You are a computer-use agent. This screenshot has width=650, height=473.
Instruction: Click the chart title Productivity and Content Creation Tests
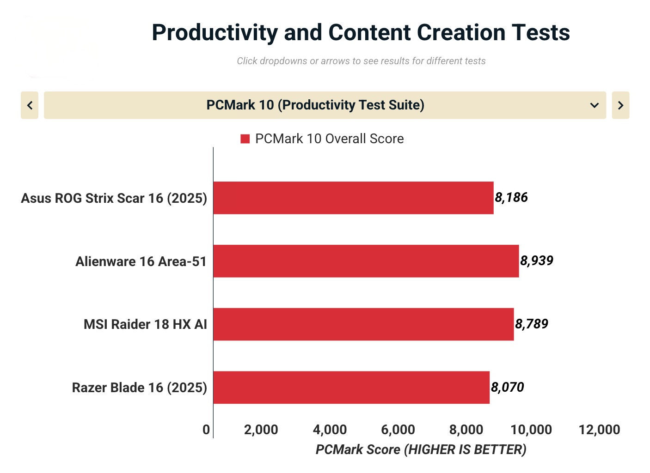point(361,33)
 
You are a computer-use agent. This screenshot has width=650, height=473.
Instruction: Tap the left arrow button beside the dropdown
point(30,105)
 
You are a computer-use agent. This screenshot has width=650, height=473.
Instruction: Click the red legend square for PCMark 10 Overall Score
point(245,139)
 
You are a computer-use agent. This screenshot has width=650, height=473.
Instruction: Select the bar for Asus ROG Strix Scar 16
point(353,198)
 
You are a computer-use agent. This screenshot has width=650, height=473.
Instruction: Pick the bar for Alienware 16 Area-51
point(366,261)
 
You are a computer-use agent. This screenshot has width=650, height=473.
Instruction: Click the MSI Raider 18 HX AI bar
point(363,324)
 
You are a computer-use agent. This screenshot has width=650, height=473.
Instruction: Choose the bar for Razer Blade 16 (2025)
point(351,388)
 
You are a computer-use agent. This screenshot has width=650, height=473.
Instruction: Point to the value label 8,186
point(511,198)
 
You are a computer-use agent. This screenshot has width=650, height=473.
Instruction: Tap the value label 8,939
point(537,261)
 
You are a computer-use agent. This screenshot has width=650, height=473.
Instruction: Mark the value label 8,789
point(532,324)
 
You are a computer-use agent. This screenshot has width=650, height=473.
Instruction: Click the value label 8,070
point(508,388)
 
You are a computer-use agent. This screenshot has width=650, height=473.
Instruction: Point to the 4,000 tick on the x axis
point(330,430)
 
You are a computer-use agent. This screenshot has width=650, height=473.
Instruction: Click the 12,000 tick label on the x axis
point(599,430)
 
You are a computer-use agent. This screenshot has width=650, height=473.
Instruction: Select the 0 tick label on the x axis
point(206,430)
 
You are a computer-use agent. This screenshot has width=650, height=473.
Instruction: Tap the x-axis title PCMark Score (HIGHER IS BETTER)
point(421,449)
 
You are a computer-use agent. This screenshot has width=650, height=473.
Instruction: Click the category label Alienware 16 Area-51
point(141,261)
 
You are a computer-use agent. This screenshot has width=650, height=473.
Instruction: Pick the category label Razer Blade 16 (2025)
point(139,388)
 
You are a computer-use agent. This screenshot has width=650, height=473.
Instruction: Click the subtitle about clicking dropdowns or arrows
point(361,61)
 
